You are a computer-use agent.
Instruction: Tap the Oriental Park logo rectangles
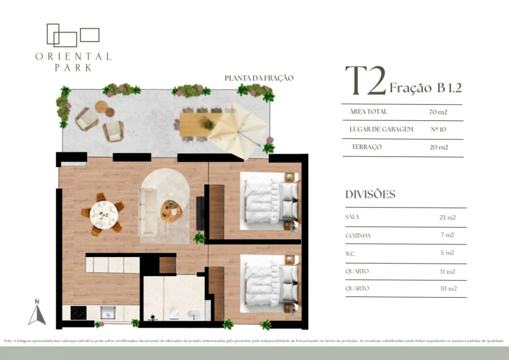coord(72,34)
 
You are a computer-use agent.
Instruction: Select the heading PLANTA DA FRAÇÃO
coord(258,78)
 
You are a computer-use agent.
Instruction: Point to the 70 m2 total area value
coord(438,112)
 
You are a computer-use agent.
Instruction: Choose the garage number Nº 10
coord(438,129)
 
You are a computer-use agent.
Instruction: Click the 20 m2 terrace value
coord(438,147)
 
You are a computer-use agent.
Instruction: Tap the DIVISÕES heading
coord(370,194)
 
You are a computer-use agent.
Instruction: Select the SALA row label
coord(352,217)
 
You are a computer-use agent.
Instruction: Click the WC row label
coord(350,253)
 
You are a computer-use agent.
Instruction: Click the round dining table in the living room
coord(103,214)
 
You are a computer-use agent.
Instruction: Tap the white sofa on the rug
coord(148,210)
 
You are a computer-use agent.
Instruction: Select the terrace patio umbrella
coord(238,131)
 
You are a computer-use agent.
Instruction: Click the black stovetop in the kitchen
coord(78,313)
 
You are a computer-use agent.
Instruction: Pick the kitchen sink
coord(108,313)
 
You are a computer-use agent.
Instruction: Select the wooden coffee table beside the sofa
coord(171,210)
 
